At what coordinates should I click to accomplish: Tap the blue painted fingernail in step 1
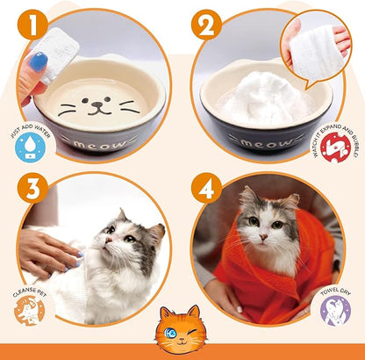39,61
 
